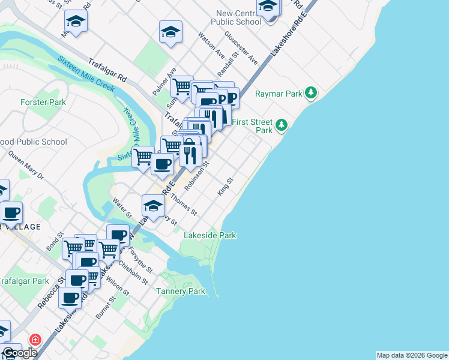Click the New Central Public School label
tap(238, 17)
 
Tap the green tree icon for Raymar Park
tap(310, 93)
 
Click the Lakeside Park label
tap(209, 236)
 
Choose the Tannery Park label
tap(181, 292)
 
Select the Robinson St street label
tap(196, 175)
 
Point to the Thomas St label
tap(184, 203)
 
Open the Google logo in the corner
tap(19, 353)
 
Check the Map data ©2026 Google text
tap(412, 355)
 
